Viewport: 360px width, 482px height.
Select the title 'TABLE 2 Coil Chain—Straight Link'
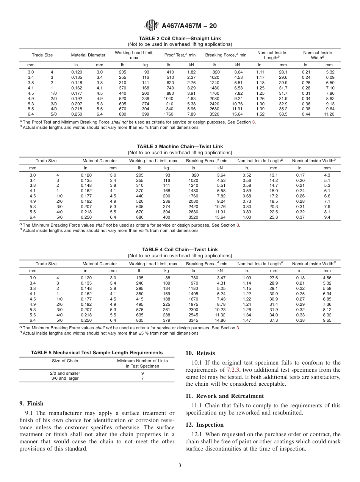coord(180,39)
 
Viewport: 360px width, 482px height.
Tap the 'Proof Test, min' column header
coord(180,55)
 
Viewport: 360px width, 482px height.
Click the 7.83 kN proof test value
coord(191,114)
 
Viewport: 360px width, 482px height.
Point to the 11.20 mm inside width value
coord(329,114)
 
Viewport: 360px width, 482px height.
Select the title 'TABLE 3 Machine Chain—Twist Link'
coord(180,147)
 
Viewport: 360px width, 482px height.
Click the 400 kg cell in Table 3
coord(166,217)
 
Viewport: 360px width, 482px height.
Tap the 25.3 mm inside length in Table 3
coord(274,217)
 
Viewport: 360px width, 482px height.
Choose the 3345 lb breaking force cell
coord(193,320)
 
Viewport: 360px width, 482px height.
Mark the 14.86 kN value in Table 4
coord(220,320)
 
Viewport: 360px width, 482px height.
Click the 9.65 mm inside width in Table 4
coord(327,320)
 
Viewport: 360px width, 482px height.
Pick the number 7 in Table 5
coord(142,379)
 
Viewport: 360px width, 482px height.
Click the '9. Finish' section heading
coord(31,404)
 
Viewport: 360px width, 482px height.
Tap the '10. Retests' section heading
coord(200,353)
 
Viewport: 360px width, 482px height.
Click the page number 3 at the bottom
coord(180,466)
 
